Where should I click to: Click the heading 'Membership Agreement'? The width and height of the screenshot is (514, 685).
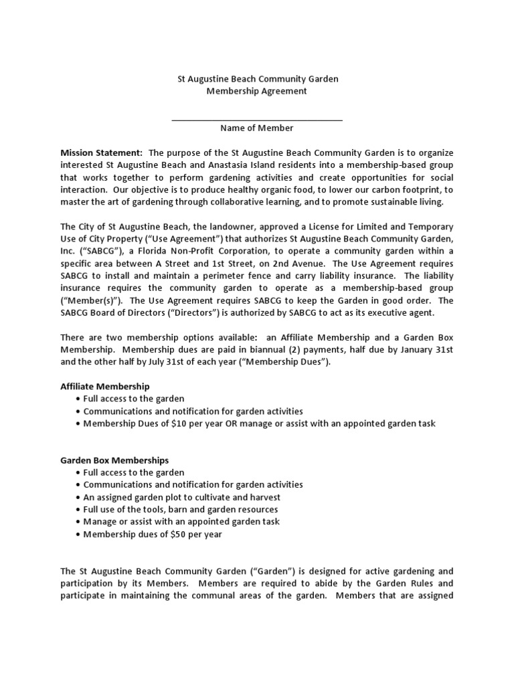click(257, 91)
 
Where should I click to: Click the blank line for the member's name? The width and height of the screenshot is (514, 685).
click(257, 119)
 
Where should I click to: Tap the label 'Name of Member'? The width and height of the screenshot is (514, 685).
click(257, 128)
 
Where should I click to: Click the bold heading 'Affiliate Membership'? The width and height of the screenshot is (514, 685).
click(105, 387)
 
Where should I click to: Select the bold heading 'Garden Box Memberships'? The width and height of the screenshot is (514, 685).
click(114, 460)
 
